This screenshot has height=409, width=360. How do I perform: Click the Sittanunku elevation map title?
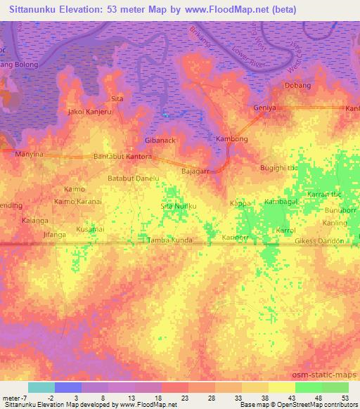click(x=148, y=10)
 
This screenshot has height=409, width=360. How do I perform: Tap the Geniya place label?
click(x=264, y=108)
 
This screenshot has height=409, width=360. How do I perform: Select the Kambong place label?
click(x=232, y=139)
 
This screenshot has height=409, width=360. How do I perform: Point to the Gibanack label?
click(x=160, y=140)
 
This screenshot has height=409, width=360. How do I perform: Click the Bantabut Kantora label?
click(x=122, y=156)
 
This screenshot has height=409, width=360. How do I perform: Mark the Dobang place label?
click(x=297, y=86)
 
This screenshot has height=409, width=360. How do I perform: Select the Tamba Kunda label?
click(x=169, y=240)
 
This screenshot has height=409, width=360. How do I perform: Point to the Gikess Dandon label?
click(x=319, y=241)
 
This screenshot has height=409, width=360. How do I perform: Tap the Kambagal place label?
click(x=281, y=202)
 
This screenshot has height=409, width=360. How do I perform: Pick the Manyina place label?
click(x=30, y=154)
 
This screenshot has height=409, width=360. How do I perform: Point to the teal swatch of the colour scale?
click(x=41, y=387)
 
